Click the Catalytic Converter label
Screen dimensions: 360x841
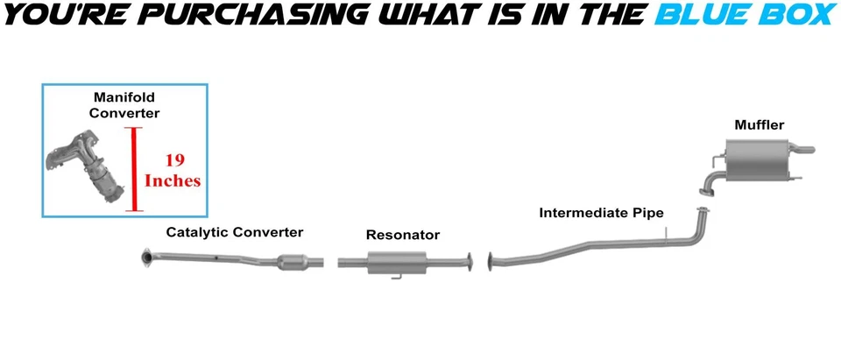[x=235, y=232]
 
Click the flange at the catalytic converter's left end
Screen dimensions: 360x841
[x=146, y=257]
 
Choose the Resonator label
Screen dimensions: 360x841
[x=403, y=235]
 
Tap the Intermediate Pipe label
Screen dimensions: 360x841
[x=601, y=213]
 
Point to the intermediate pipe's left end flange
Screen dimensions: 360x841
[x=491, y=259]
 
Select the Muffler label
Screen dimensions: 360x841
[x=759, y=125]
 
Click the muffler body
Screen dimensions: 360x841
[x=760, y=164]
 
